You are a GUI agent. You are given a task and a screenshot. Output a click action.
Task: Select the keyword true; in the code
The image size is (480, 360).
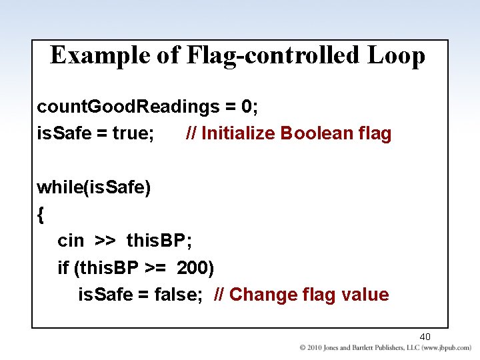(133, 133)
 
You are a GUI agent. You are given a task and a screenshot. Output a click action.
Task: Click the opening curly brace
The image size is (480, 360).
(41, 214)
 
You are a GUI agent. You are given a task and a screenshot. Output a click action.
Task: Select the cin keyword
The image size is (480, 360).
(70, 241)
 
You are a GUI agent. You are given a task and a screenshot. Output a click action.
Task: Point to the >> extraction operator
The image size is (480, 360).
(104, 241)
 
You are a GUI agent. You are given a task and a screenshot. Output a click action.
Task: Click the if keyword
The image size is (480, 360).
(63, 267)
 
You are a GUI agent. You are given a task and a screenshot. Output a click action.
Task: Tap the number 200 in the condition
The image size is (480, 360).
(195, 267)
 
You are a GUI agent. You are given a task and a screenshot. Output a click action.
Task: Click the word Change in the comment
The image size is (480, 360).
(263, 294)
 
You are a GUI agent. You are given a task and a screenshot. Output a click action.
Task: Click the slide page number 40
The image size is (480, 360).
(425, 337)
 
